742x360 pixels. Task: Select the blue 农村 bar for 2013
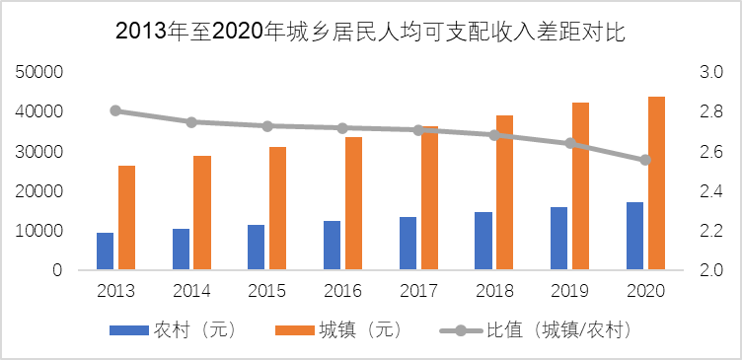click(105, 252)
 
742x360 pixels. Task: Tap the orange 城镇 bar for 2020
click(656, 183)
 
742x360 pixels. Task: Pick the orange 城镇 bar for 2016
click(353, 203)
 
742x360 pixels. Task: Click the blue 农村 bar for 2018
click(483, 241)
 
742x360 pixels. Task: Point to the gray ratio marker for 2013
click(115, 110)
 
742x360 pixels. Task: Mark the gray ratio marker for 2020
click(645, 160)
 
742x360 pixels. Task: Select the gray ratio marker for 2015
click(266, 126)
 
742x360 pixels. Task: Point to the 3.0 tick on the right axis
click(710, 73)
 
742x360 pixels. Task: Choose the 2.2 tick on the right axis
click(710, 231)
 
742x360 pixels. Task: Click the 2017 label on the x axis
click(418, 291)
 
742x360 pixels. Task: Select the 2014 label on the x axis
click(191, 291)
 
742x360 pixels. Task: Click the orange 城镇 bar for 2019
click(580, 186)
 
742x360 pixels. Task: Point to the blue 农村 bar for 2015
click(257, 248)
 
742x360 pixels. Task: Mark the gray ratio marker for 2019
click(569, 143)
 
